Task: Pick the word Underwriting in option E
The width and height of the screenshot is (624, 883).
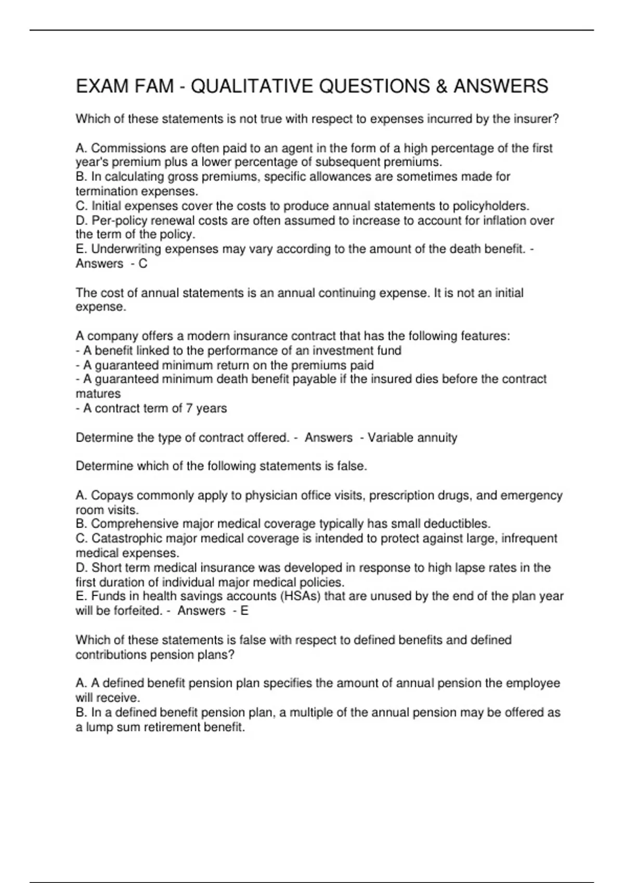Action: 124,249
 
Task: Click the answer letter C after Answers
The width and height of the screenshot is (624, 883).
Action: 142,263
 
